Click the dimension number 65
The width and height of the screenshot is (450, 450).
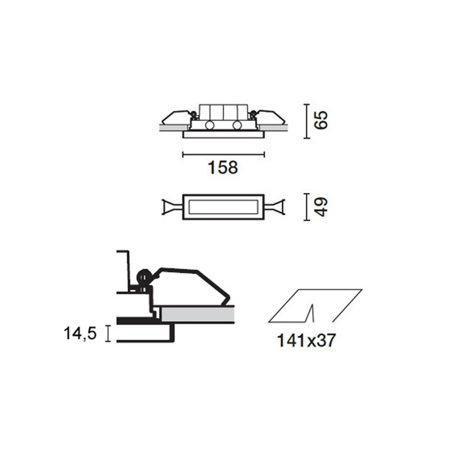320,120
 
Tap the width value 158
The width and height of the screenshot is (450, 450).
223,167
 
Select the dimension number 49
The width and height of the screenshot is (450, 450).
321,206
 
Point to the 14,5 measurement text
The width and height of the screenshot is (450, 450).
80,333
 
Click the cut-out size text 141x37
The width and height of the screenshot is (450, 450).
306,340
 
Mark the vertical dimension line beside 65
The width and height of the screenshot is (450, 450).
306,120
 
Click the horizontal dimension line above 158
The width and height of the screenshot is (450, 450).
223,153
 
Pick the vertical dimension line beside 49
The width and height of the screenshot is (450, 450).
306,206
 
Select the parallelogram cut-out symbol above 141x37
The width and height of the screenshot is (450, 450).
315,306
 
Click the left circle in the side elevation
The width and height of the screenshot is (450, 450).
210,125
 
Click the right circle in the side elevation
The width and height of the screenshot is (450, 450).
237,125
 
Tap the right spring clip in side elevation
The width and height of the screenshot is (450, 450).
271,117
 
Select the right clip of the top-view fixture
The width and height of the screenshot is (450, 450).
275,207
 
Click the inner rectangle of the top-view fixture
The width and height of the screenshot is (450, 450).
223,206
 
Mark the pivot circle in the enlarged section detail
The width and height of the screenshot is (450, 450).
144,277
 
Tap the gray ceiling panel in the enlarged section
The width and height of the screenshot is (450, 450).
197,314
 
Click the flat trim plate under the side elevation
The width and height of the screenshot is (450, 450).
223,134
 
